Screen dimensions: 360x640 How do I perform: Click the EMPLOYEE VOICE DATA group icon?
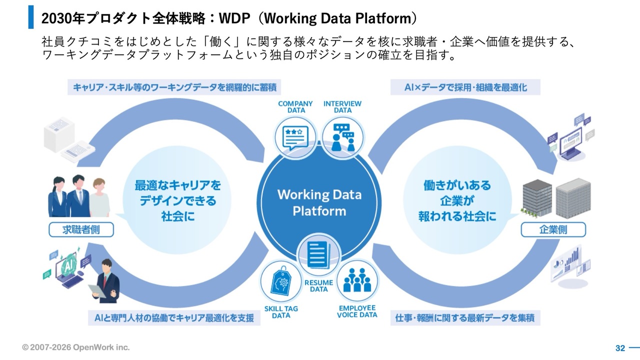(357, 280)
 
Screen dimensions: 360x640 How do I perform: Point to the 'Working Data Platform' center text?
(319, 202)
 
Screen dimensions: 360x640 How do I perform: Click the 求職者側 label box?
(81, 229)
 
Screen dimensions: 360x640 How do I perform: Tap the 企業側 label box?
(553, 229)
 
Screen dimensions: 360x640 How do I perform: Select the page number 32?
(620, 348)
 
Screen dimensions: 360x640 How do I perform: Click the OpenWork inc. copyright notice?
(75, 347)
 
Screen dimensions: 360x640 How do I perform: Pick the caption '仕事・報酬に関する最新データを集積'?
(464, 317)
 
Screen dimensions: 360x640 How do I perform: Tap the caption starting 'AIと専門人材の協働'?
(174, 317)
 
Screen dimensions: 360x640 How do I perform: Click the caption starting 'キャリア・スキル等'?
(174, 87)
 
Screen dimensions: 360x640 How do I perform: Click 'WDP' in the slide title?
(240, 18)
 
